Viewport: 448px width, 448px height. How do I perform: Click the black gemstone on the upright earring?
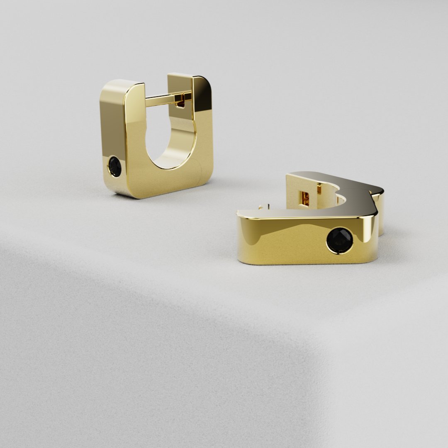point(114,167)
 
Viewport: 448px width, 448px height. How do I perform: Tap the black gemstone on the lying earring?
point(340,240)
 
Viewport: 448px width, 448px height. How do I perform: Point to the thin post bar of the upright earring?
point(162,100)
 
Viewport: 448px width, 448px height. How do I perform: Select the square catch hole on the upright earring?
point(180,100)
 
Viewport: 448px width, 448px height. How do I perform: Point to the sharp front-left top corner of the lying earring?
point(238,213)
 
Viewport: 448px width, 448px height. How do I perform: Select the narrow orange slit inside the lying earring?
point(319,189)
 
